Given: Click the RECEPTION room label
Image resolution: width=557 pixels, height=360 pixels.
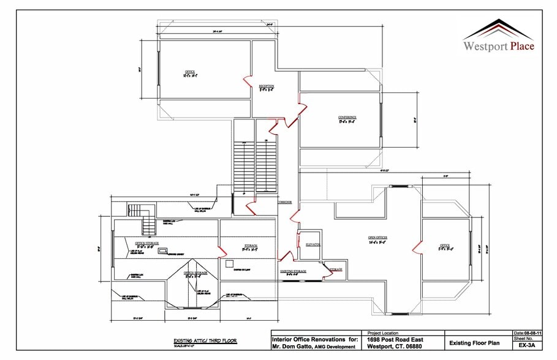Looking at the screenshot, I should (266, 86).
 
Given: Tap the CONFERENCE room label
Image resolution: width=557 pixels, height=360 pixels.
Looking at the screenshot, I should (347, 117).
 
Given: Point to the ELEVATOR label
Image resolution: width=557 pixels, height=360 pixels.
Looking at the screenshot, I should (314, 244).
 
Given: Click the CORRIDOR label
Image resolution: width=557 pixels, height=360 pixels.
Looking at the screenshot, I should (284, 201).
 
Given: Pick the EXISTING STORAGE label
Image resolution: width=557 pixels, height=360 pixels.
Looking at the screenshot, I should (294, 270).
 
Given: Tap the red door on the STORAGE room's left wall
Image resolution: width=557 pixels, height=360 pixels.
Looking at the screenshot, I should (221, 250).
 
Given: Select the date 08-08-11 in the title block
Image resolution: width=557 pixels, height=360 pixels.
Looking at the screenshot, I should (525, 332).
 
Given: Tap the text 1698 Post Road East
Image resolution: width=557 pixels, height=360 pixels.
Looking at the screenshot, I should (398, 339).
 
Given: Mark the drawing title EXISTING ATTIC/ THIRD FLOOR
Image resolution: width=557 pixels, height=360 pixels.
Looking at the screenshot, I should (204, 340).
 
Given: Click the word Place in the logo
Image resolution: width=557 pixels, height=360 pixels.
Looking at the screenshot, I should (518, 46).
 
